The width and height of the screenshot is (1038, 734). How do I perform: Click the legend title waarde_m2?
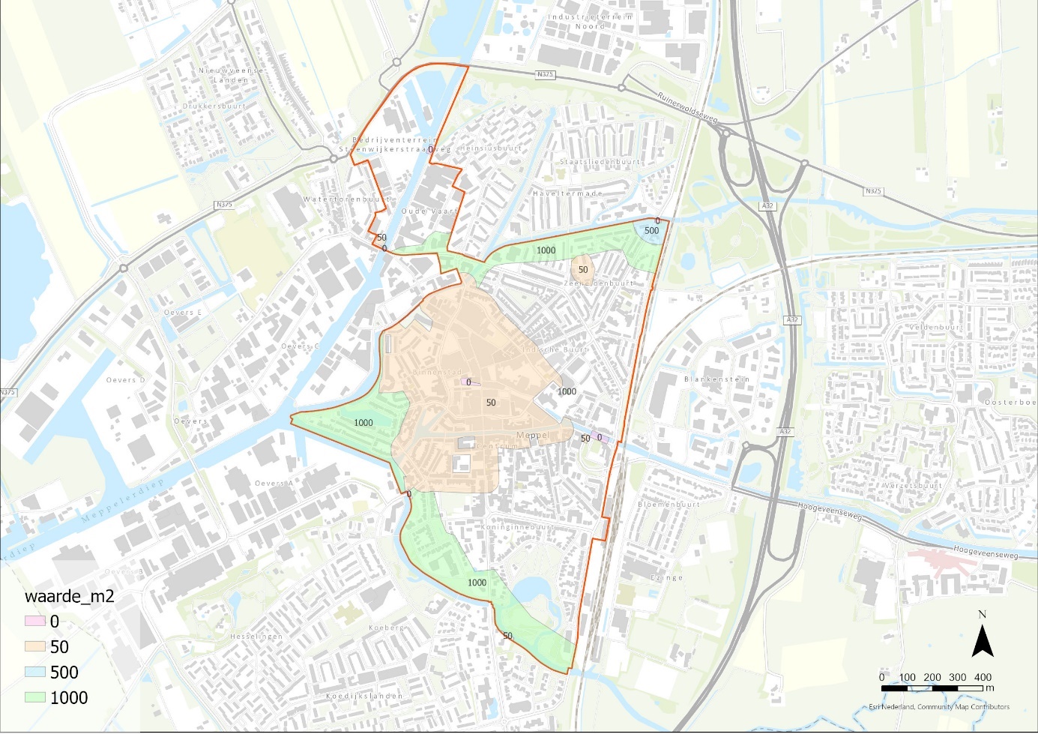pos(70,597)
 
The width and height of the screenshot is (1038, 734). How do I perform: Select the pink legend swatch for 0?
pos(35,622)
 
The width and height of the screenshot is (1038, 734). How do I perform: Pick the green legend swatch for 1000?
pos(35,697)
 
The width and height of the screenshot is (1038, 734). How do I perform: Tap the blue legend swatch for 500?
pos(35,672)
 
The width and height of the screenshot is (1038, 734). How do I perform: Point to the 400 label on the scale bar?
pos(983,677)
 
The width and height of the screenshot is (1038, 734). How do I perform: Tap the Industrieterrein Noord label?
pos(590,21)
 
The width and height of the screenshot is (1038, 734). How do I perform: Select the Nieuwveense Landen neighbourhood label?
pos(231,75)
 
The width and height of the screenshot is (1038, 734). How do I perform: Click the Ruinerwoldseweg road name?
pos(687,107)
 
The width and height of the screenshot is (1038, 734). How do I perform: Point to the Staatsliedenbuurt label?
pos(600,162)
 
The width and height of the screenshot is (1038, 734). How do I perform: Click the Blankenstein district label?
pos(716,379)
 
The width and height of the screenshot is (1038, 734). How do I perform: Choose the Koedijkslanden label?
pos(364,696)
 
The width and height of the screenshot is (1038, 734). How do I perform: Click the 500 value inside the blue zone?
pos(651,231)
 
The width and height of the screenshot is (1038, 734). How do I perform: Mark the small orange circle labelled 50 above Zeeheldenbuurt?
pos(582,268)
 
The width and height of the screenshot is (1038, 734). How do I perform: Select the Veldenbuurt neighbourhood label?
pos(935,328)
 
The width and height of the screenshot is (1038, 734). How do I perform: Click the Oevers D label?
pos(126,380)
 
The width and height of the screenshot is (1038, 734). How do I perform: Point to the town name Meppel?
pos(533,436)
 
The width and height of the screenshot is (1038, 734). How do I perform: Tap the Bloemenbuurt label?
pos(669,505)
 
